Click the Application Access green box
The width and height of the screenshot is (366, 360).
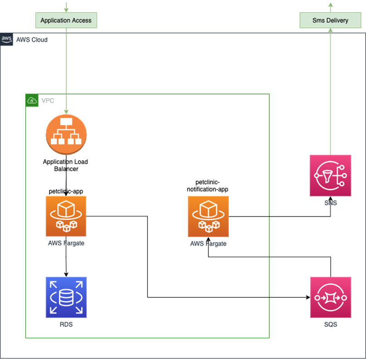tap(66, 20)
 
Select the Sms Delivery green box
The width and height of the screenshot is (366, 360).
tap(330, 20)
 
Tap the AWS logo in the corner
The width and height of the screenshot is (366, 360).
tap(6, 39)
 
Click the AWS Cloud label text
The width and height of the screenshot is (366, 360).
tap(32, 40)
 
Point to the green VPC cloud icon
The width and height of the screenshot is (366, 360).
tap(32, 100)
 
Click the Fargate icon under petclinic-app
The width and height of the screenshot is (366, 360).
tap(66, 216)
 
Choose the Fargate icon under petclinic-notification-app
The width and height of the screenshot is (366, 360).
tap(208, 217)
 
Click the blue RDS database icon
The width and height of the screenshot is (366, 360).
tap(66, 297)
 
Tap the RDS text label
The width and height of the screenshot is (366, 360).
tap(66, 325)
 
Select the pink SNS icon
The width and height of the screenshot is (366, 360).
tap(330, 175)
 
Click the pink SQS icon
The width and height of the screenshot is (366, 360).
tap(330, 297)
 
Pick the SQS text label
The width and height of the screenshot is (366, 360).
tap(330, 325)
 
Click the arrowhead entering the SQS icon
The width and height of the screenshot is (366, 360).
tap(307, 298)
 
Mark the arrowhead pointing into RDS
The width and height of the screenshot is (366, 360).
tap(66, 274)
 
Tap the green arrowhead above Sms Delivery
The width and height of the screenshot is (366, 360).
tap(330, 5)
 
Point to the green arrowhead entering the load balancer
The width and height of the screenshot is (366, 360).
tap(66, 112)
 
